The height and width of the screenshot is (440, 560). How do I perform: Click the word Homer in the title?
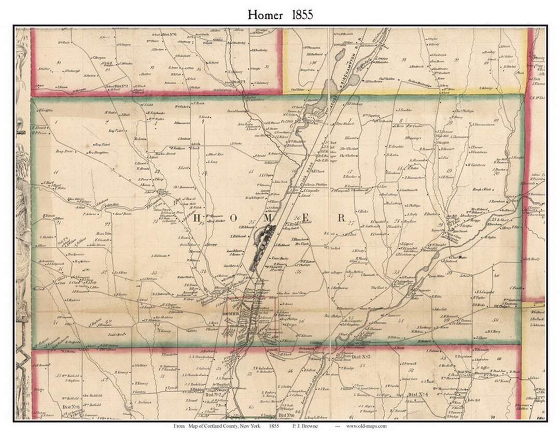coord(265,15)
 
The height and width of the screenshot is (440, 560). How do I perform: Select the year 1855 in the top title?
coord(302,15)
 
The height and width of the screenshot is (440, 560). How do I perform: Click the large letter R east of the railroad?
coord(341,218)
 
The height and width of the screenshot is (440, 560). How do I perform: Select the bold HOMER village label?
coord(229,315)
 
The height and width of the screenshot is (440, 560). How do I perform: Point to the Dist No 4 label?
coord(418,395)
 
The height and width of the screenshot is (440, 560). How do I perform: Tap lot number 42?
coord(108,322)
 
